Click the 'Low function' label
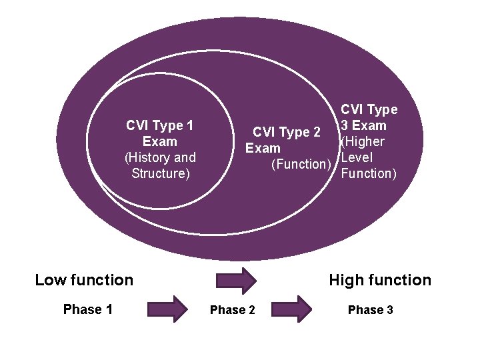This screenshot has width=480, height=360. (x=84, y=280)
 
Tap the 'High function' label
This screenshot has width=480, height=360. (x=380, y=280)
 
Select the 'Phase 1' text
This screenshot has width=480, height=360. (x=87, y=309)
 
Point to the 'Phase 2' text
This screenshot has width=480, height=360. (x=232, y=310)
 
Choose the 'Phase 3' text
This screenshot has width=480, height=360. (x=371, y=310)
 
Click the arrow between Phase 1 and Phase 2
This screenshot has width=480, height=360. (x=172, y=309)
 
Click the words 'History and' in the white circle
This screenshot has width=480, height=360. (x=160, y=158)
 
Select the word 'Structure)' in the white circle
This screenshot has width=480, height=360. (x=161, y=174)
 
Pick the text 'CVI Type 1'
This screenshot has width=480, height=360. (x=160, y=125)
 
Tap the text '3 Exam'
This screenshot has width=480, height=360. (x=364, y=125)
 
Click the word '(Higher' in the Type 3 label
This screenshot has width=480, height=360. (x=362, y=141)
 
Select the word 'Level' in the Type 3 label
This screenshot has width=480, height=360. (x=357, y=157)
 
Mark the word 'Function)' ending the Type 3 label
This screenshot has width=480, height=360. (x=369, y=173)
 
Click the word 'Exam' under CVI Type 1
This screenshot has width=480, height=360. (x=160, y=141)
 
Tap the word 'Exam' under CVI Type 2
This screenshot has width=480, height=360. (x=263, y=148)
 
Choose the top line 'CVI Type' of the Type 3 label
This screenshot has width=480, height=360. (x=369, y=109)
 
